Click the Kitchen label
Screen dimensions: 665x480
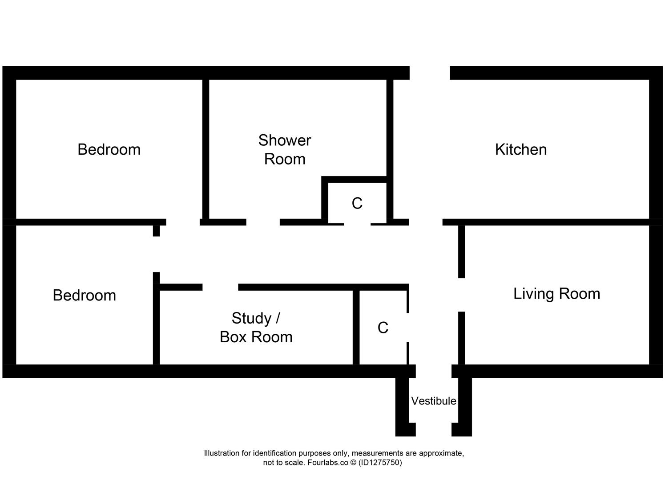[x=521, y=149]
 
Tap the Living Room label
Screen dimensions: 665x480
[x=556, y=294]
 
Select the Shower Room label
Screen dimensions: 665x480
[x=285, y=149]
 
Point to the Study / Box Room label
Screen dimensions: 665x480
[x=256, y=328]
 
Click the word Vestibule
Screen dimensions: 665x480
[x=433, y=401]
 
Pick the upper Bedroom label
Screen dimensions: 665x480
[x=109, y=149]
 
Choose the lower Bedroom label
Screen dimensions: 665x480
[x=85, y=296]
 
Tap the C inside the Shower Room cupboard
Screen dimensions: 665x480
[x=357, y=204]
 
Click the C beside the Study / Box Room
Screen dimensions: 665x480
[x=383, y=328]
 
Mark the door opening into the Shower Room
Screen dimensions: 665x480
[x=263, y=222]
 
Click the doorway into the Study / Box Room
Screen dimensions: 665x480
[x=220, y=287]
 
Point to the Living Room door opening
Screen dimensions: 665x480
[x=462, y=295]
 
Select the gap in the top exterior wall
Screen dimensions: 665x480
[x=430, y=73]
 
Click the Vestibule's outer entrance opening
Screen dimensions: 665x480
[x=433, y=430]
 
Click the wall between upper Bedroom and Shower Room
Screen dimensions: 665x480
[x=206, y=149]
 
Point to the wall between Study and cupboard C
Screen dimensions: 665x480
[x=356, y=327]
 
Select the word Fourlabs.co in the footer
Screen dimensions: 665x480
[x=328, y=463]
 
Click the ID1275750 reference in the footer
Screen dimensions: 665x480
[x=380, y=463]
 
